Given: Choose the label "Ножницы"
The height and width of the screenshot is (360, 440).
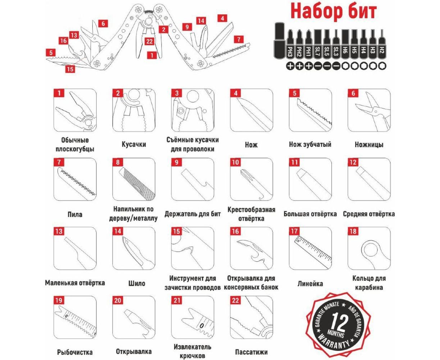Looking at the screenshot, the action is [x=369, y=144].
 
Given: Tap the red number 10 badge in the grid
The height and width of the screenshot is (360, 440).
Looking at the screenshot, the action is [x=235, y=162].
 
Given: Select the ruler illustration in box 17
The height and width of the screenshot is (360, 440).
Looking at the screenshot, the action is [x=313, y=250].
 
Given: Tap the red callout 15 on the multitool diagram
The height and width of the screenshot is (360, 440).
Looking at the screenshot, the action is [x=70, y=69].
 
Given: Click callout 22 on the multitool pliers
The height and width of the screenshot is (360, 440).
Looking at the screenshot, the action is [x=149, y=41].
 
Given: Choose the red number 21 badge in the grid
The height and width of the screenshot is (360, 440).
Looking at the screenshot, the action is [x=177, y=300].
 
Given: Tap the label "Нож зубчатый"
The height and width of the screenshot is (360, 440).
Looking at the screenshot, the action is [x=310, y=144].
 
